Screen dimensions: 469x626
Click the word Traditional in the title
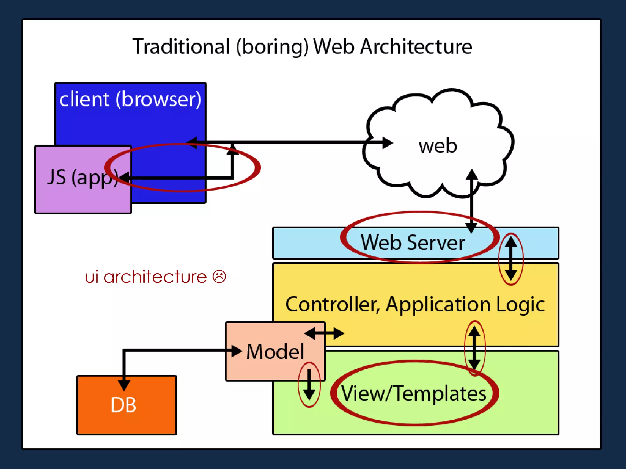coord(181,47)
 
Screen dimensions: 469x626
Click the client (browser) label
coord(130,99)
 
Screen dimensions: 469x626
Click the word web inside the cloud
coord(438,146)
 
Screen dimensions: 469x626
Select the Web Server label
coord(413,243)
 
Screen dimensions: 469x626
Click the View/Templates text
coord(414,393)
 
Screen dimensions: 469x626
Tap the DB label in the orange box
coord(123,405)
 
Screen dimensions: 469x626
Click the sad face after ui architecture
coord(219,277)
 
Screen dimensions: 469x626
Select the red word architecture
coord(155,277)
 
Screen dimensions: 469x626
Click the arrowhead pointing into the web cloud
coord(387,143)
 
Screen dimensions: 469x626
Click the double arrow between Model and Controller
coord(324,333)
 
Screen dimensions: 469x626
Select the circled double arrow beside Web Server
coord(511,259)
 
